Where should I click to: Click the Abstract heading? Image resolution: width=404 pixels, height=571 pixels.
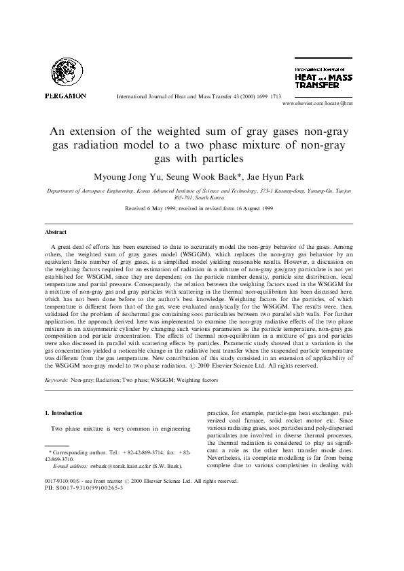[55, 231]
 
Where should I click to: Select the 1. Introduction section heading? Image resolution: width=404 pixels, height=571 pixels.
[64, 412]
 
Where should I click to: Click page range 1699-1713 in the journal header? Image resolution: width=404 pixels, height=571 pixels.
[268, 96]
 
